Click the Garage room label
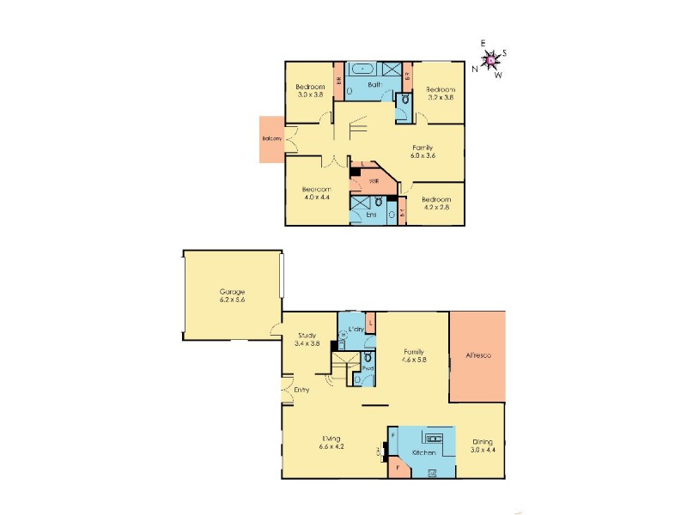pyautogui.click(x=231, y=297)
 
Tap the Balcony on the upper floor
pyautogui.click(x=274, y=139)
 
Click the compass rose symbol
pyautogui.click(x=489, y=60)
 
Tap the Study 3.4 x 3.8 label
pyautogui.click(x=307, y=339)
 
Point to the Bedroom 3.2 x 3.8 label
pyautogui.click(x=440, y=94)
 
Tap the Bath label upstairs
pyautogui.click(x=374, y=85)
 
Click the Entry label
pyautogui.click(x=301, y=391)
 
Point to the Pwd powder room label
pyautogui.click(x=367, y=368)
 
